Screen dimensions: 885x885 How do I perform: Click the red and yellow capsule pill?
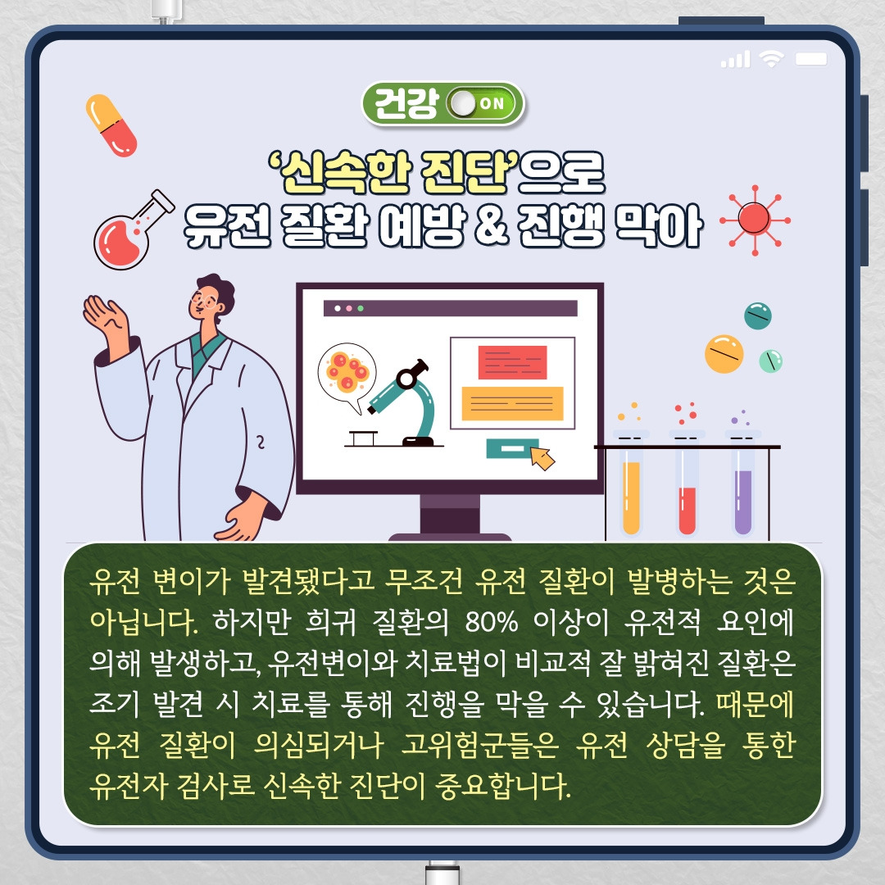click(111, 125)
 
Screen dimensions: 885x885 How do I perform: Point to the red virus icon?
click(754, 217)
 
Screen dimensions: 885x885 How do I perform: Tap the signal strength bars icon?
click(735, 59)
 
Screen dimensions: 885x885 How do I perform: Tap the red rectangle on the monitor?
click(512, 362)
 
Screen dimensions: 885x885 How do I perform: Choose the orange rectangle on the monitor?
click(512, 403)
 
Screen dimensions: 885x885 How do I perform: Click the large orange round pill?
click(724, 353)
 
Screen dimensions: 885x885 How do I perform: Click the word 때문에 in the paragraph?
click(755, 704)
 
